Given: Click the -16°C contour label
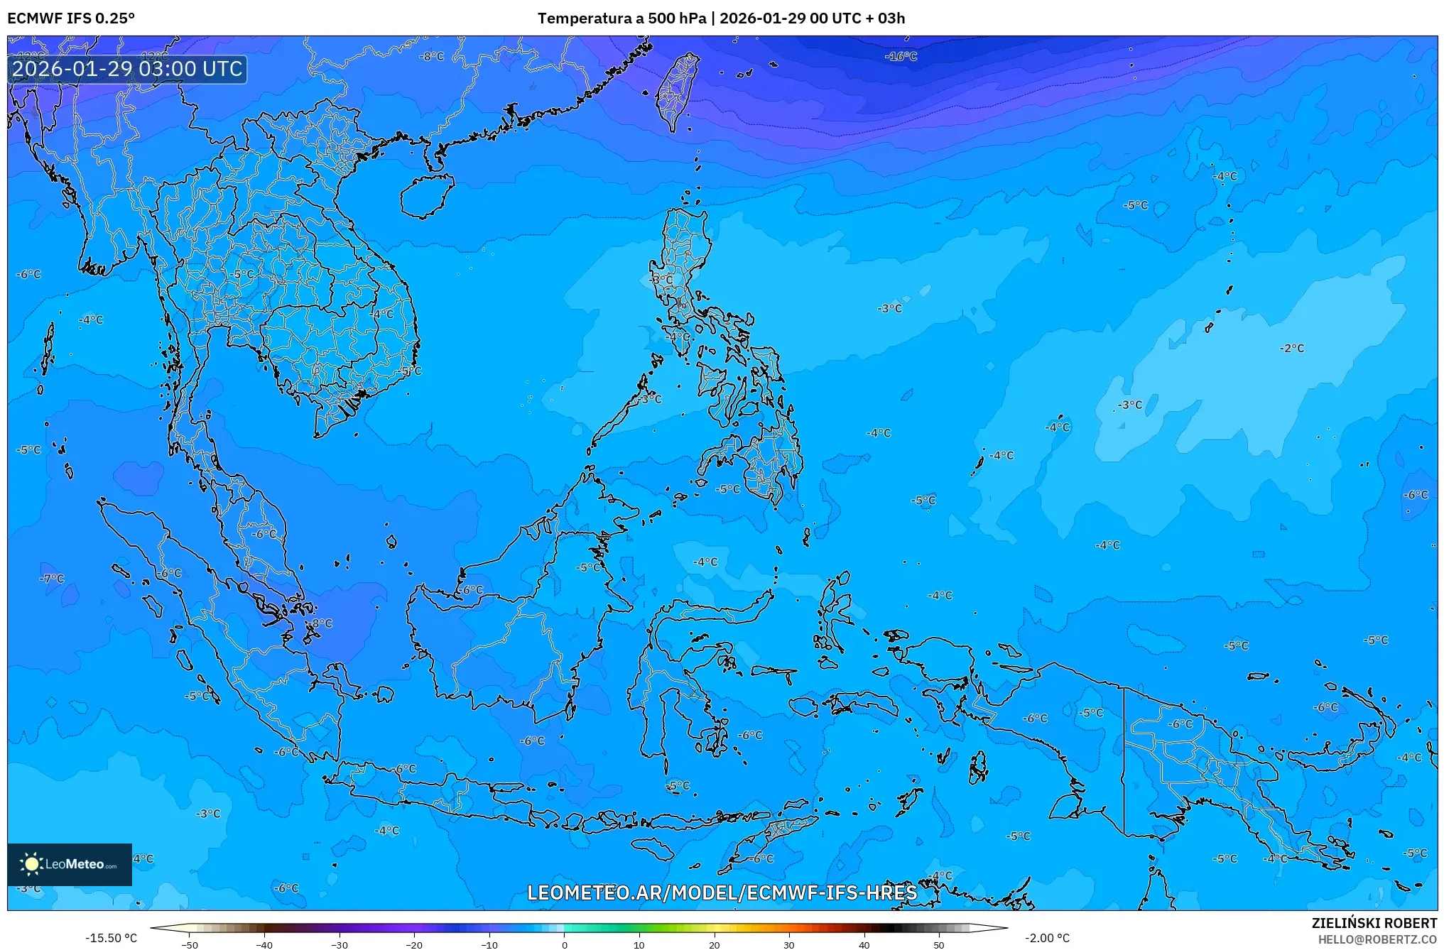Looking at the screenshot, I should pos(901,56).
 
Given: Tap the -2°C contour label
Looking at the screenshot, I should pos(1292,348).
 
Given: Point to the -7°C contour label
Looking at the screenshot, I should pos(52,579).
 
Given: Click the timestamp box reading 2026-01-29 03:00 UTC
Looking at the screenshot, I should pos(128,69).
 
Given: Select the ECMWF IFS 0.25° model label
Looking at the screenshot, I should pos(71,18).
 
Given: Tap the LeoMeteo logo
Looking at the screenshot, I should pos(70,864).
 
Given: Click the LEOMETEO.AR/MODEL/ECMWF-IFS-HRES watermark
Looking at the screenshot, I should pos(722,892).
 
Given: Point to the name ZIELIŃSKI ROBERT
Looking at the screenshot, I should pos(1374,923).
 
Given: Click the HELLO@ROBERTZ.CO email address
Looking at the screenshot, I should pos(1377,939).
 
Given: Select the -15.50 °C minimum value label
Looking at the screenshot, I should pos(111,938).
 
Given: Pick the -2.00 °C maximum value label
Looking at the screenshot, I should pos(1047,938).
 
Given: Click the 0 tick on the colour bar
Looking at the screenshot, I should pos(565,944).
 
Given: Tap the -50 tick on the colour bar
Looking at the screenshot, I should pos(190,944).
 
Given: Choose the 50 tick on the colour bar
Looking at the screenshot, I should pos(939,944).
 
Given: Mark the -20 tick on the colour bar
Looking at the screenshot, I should pos(414,944).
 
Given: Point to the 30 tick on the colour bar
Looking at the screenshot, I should pos(789,944).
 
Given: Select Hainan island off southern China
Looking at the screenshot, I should pos(426,195).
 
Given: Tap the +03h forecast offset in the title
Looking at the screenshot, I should pos(891,18).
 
